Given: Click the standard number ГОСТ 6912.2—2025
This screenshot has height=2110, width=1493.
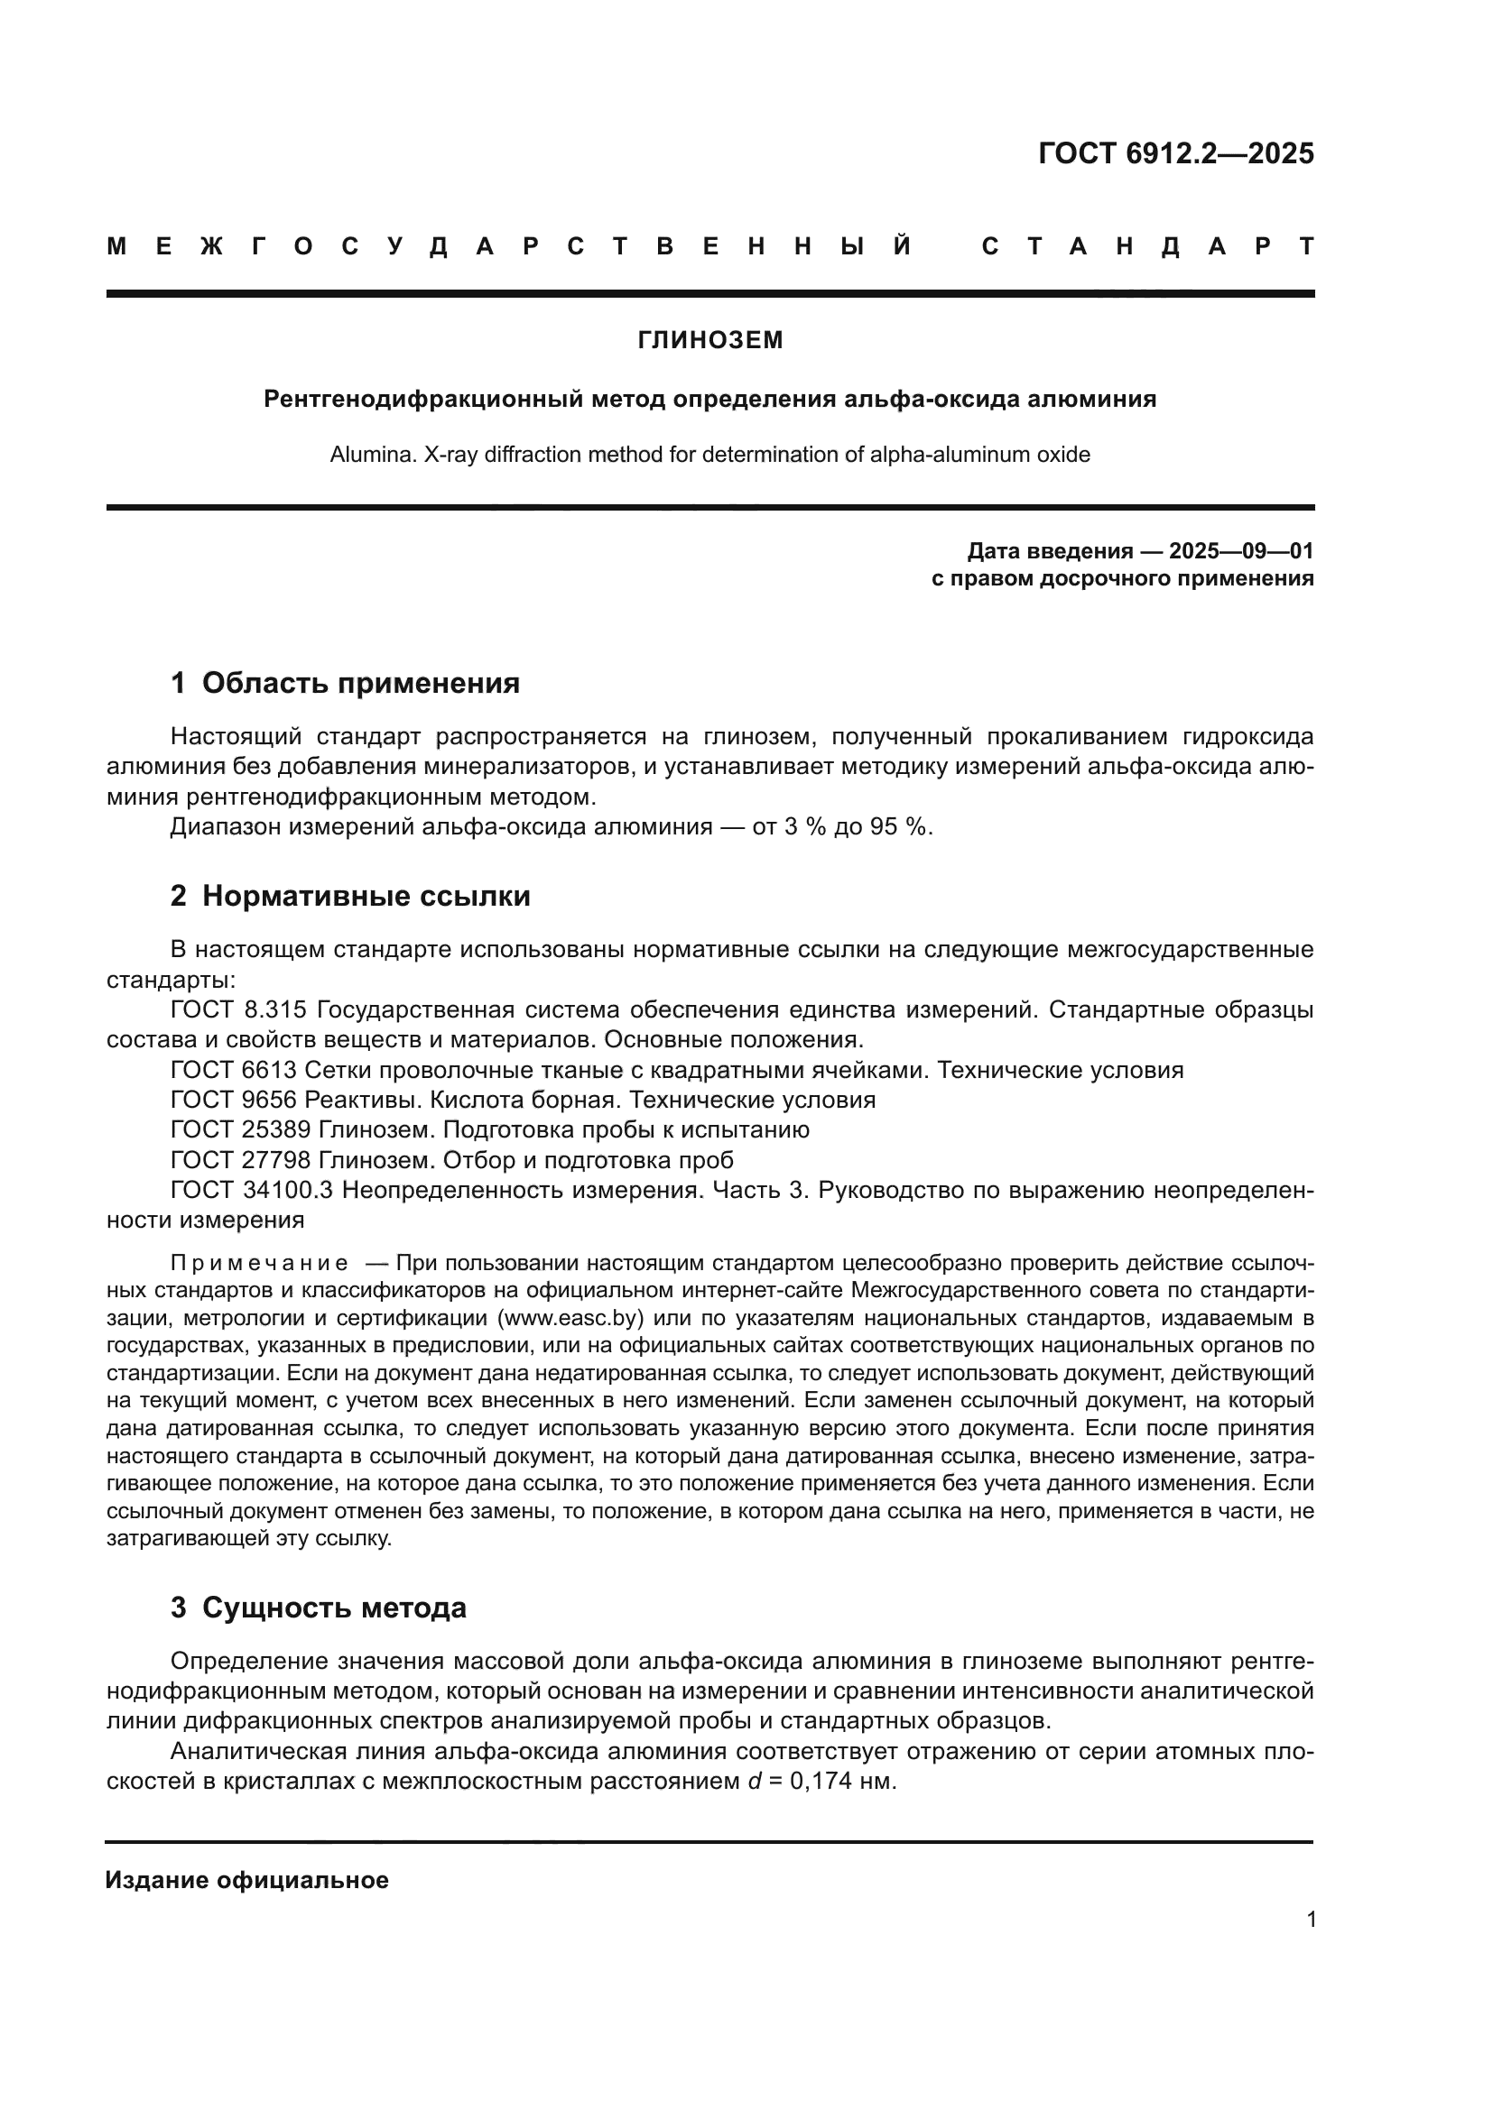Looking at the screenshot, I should click(x=1176, y=153).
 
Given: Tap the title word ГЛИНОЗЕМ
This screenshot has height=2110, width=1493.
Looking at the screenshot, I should click(x=710, y=340).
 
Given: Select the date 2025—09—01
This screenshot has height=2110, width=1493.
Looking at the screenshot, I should click(x=1241, y=551).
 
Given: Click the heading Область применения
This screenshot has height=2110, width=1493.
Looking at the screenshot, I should click(x=360, y=683).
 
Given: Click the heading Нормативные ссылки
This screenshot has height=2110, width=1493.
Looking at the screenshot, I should click(x=366, y=895).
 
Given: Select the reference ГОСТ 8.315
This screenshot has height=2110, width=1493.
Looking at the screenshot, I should click(x=238, y=1010).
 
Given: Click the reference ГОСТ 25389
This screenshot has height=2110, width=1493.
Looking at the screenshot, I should click(x=241, y=1129).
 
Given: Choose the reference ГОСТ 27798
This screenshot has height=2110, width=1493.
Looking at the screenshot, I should click(x=241, y=1160).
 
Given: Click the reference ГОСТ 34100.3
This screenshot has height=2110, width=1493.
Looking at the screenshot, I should click(x=251, y=1190).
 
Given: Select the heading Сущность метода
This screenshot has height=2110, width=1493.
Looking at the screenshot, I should click(x=334, y=1608).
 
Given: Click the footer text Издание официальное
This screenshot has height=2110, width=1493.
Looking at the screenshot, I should click(x=246, y=1880).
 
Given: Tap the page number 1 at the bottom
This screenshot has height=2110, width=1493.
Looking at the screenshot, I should click(x=1312, y=1920).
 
